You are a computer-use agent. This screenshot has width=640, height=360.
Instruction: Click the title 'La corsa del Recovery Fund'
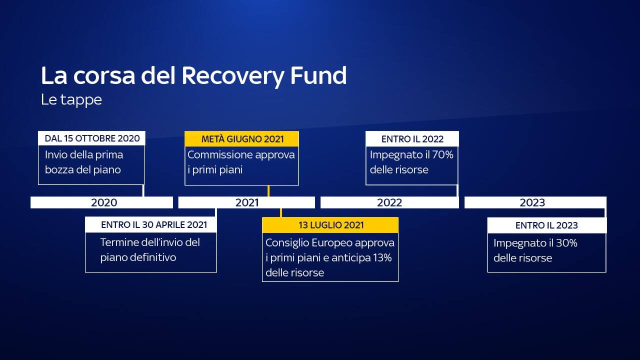(x=193, y=76)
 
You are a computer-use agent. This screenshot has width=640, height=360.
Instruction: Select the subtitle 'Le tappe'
(x=71, y=100)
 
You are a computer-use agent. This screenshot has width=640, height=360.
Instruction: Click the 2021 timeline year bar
(x=247, y=202)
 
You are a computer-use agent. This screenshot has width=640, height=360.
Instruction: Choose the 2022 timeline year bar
(x=389, y=202)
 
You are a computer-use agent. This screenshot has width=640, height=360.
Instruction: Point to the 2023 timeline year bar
(x=532, y=202)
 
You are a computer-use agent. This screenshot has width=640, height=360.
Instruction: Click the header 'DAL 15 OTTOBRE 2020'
(x=92, y=138)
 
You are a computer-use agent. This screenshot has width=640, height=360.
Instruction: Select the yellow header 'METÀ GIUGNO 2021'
(x=242, y=139)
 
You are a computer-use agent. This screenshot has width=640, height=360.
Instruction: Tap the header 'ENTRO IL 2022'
(x=412, y=139)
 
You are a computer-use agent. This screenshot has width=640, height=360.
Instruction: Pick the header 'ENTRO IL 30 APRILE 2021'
(x=150, y=225)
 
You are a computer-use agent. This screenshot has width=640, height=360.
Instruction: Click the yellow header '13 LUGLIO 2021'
(x=330, y=225)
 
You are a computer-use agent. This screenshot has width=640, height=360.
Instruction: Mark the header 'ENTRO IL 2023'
(x=546, y=225)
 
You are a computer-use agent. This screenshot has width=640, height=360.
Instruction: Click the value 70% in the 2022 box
(x=442, y=155)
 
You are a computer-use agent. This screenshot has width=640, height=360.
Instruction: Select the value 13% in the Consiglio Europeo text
(x=381, y=257)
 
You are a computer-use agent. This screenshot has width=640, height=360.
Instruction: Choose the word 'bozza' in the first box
(x=58, y=170)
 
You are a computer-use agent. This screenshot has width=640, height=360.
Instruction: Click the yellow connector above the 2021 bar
(x=268, y=191)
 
